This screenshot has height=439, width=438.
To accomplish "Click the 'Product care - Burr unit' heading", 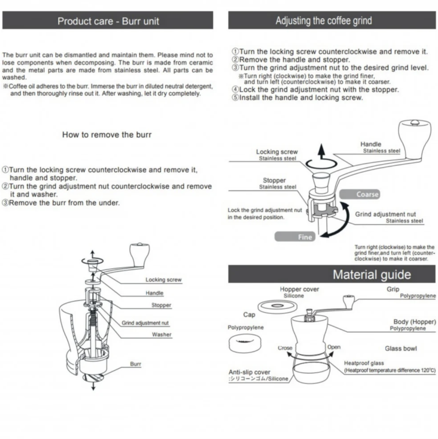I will pyautogui.click(x=108, y=21).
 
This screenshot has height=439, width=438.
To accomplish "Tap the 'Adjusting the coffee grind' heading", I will pyautogui.click(x=324, y=21).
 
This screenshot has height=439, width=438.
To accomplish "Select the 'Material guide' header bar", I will pyautogui.click(x=372, y=275).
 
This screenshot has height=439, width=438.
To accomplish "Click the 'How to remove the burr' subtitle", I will pyautogui.click(x=107, y=135).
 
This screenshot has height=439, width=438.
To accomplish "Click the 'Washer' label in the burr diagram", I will pyautogui.click(x=161, y=335).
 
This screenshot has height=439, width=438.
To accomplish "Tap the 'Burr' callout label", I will pyautogui.click(x=136, y=364).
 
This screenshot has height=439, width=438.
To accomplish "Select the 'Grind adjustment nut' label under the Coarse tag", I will pyautogui.click(x=385, y=214).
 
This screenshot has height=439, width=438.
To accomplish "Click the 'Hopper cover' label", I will pyautogui.click(x=299, y=289).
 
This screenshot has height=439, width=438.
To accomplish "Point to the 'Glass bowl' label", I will pyautogui.click(x=401, y=349).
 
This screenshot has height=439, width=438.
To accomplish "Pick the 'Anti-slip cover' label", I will pyautogui.click(x=249, y=372).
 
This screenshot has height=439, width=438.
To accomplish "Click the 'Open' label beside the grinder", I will pyautogui.click(x=334, y=347).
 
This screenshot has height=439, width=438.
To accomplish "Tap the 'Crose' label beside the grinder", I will pyautogui.click(x=285, y=348).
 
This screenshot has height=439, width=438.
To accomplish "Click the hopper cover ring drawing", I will pyautogui.click(x=277, y=306).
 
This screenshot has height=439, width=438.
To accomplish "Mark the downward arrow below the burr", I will pyautogui.click(x=93, y=385).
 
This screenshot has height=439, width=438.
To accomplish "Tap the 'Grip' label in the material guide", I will pyautogui.click(x=393, y=289).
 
